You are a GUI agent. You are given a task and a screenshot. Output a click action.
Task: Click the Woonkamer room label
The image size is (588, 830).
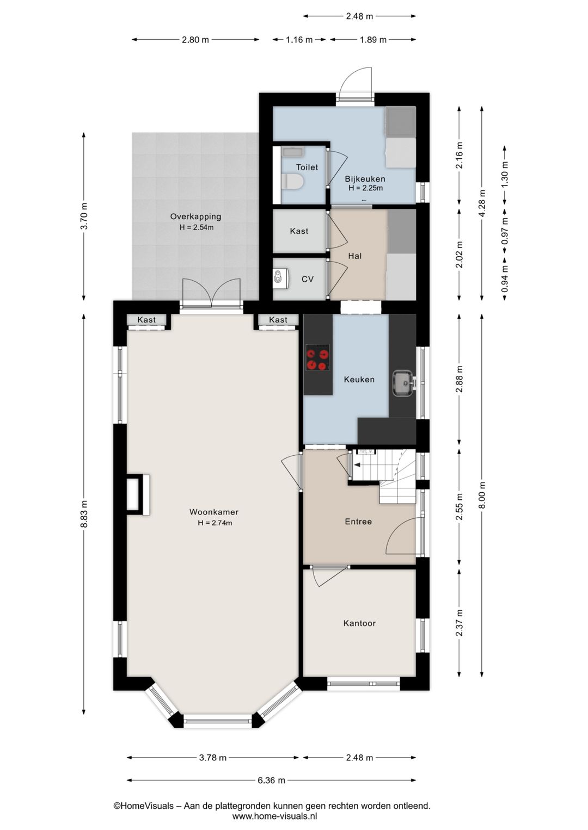(213, 512)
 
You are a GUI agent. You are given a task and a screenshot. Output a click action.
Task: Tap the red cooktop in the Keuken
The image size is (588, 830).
(317, 357)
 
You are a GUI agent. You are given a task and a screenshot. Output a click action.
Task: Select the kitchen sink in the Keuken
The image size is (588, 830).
(403, 383)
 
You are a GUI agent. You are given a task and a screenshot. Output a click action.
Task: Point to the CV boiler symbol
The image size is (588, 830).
(280, 278)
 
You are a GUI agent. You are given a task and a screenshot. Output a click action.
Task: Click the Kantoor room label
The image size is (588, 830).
(359, 623)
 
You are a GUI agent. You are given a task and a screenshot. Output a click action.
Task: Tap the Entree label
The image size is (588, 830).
(358, 522)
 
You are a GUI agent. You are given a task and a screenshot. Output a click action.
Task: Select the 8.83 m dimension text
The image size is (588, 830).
(84, 514)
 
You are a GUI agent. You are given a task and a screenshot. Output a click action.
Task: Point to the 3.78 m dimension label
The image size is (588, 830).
(212, 758)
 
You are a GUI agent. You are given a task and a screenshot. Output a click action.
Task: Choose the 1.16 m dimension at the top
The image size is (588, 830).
(299, 40)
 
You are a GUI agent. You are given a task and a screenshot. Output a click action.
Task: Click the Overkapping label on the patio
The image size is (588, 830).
(195, 216)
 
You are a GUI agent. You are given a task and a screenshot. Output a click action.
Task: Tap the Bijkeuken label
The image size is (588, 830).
(365, 178)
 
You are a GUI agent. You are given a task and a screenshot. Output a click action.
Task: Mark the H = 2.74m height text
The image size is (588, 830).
(215, 523)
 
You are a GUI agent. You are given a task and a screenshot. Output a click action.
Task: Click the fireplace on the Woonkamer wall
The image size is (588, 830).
(138, 494)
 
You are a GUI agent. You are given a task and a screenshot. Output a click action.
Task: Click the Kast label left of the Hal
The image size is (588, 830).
(299, 231)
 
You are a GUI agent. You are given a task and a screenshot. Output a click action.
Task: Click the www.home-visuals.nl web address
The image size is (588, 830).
(274, 815)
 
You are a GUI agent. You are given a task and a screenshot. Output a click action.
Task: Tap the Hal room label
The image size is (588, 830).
(354, 256)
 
